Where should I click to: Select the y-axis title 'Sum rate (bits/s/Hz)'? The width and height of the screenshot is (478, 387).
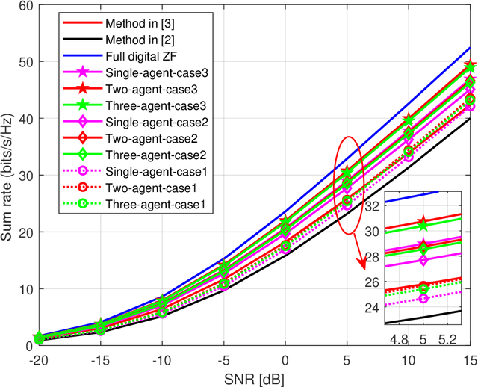tap(8, 175)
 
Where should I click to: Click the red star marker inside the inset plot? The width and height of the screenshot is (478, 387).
tap(423, 223)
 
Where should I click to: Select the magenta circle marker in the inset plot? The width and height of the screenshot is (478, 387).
tap(423, 298)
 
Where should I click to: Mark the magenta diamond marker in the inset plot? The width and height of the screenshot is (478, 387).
tap(423, 260)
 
